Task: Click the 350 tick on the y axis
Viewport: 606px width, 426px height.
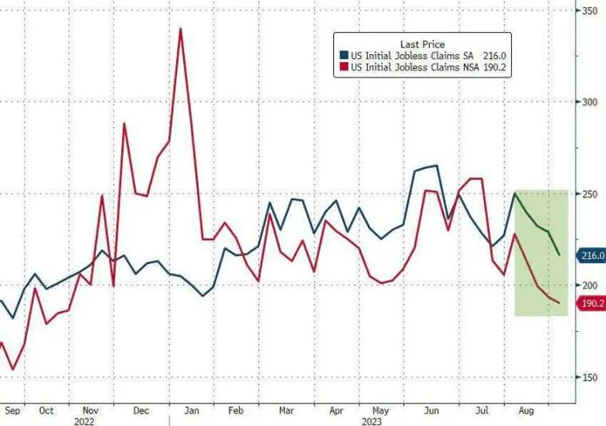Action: tap(587, 11)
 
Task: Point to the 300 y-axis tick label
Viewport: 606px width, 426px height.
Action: tap(587, 102)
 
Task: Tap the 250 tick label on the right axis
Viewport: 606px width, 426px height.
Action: tap(587, 194)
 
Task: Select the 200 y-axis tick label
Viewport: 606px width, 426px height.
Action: tap(587, 285)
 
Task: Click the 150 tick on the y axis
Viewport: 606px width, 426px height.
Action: tap(587, 377)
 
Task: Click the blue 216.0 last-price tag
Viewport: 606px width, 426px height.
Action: tap(591, 256)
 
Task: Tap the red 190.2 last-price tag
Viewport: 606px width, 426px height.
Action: tap(591, 303)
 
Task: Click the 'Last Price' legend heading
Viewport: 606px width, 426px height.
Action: tap(423, 43)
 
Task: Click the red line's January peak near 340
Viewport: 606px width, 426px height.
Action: tap(179, 29)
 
